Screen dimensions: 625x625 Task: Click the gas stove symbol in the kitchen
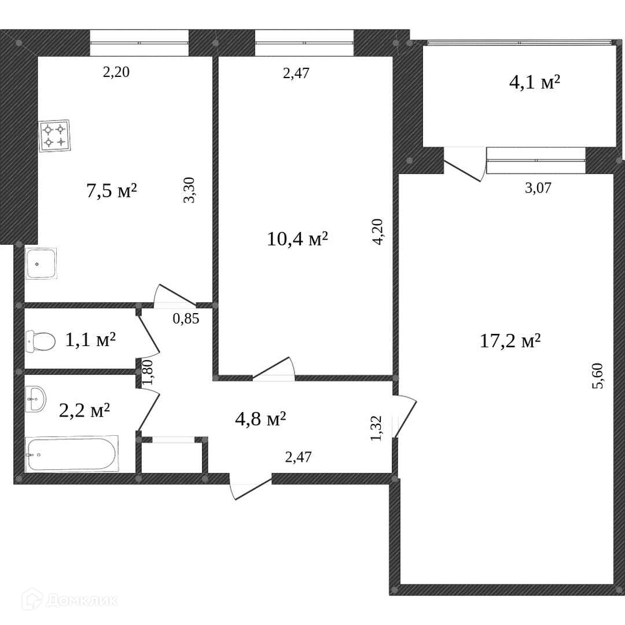point(54,135)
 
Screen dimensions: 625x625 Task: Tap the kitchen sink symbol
point(41,263)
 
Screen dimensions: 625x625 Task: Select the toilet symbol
point(41,341)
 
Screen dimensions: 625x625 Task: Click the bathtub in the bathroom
point(72,454)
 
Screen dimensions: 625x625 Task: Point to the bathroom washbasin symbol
point(35,399)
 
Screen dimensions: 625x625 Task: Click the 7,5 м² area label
point(112,190)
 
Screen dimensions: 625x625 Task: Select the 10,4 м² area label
point(297,239)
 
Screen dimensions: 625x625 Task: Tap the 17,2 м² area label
point(510,341)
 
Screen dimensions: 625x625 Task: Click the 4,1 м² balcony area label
point(535,83)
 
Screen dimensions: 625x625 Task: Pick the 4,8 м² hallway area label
point(260,419)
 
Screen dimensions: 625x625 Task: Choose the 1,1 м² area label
point(90,340)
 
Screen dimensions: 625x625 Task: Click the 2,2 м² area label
point(84,410)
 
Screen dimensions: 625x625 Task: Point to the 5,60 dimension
point(598,376)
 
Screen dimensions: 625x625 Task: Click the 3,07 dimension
point(538,187)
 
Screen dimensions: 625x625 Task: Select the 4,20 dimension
point(377,231)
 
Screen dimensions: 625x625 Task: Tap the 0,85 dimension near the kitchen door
point(186,318)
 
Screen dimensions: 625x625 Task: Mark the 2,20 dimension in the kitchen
point(116,72)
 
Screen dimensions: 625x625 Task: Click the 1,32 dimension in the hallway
point(376,428)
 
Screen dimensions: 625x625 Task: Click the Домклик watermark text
point(82,600)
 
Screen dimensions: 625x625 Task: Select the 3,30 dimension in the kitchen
point(189,190)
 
